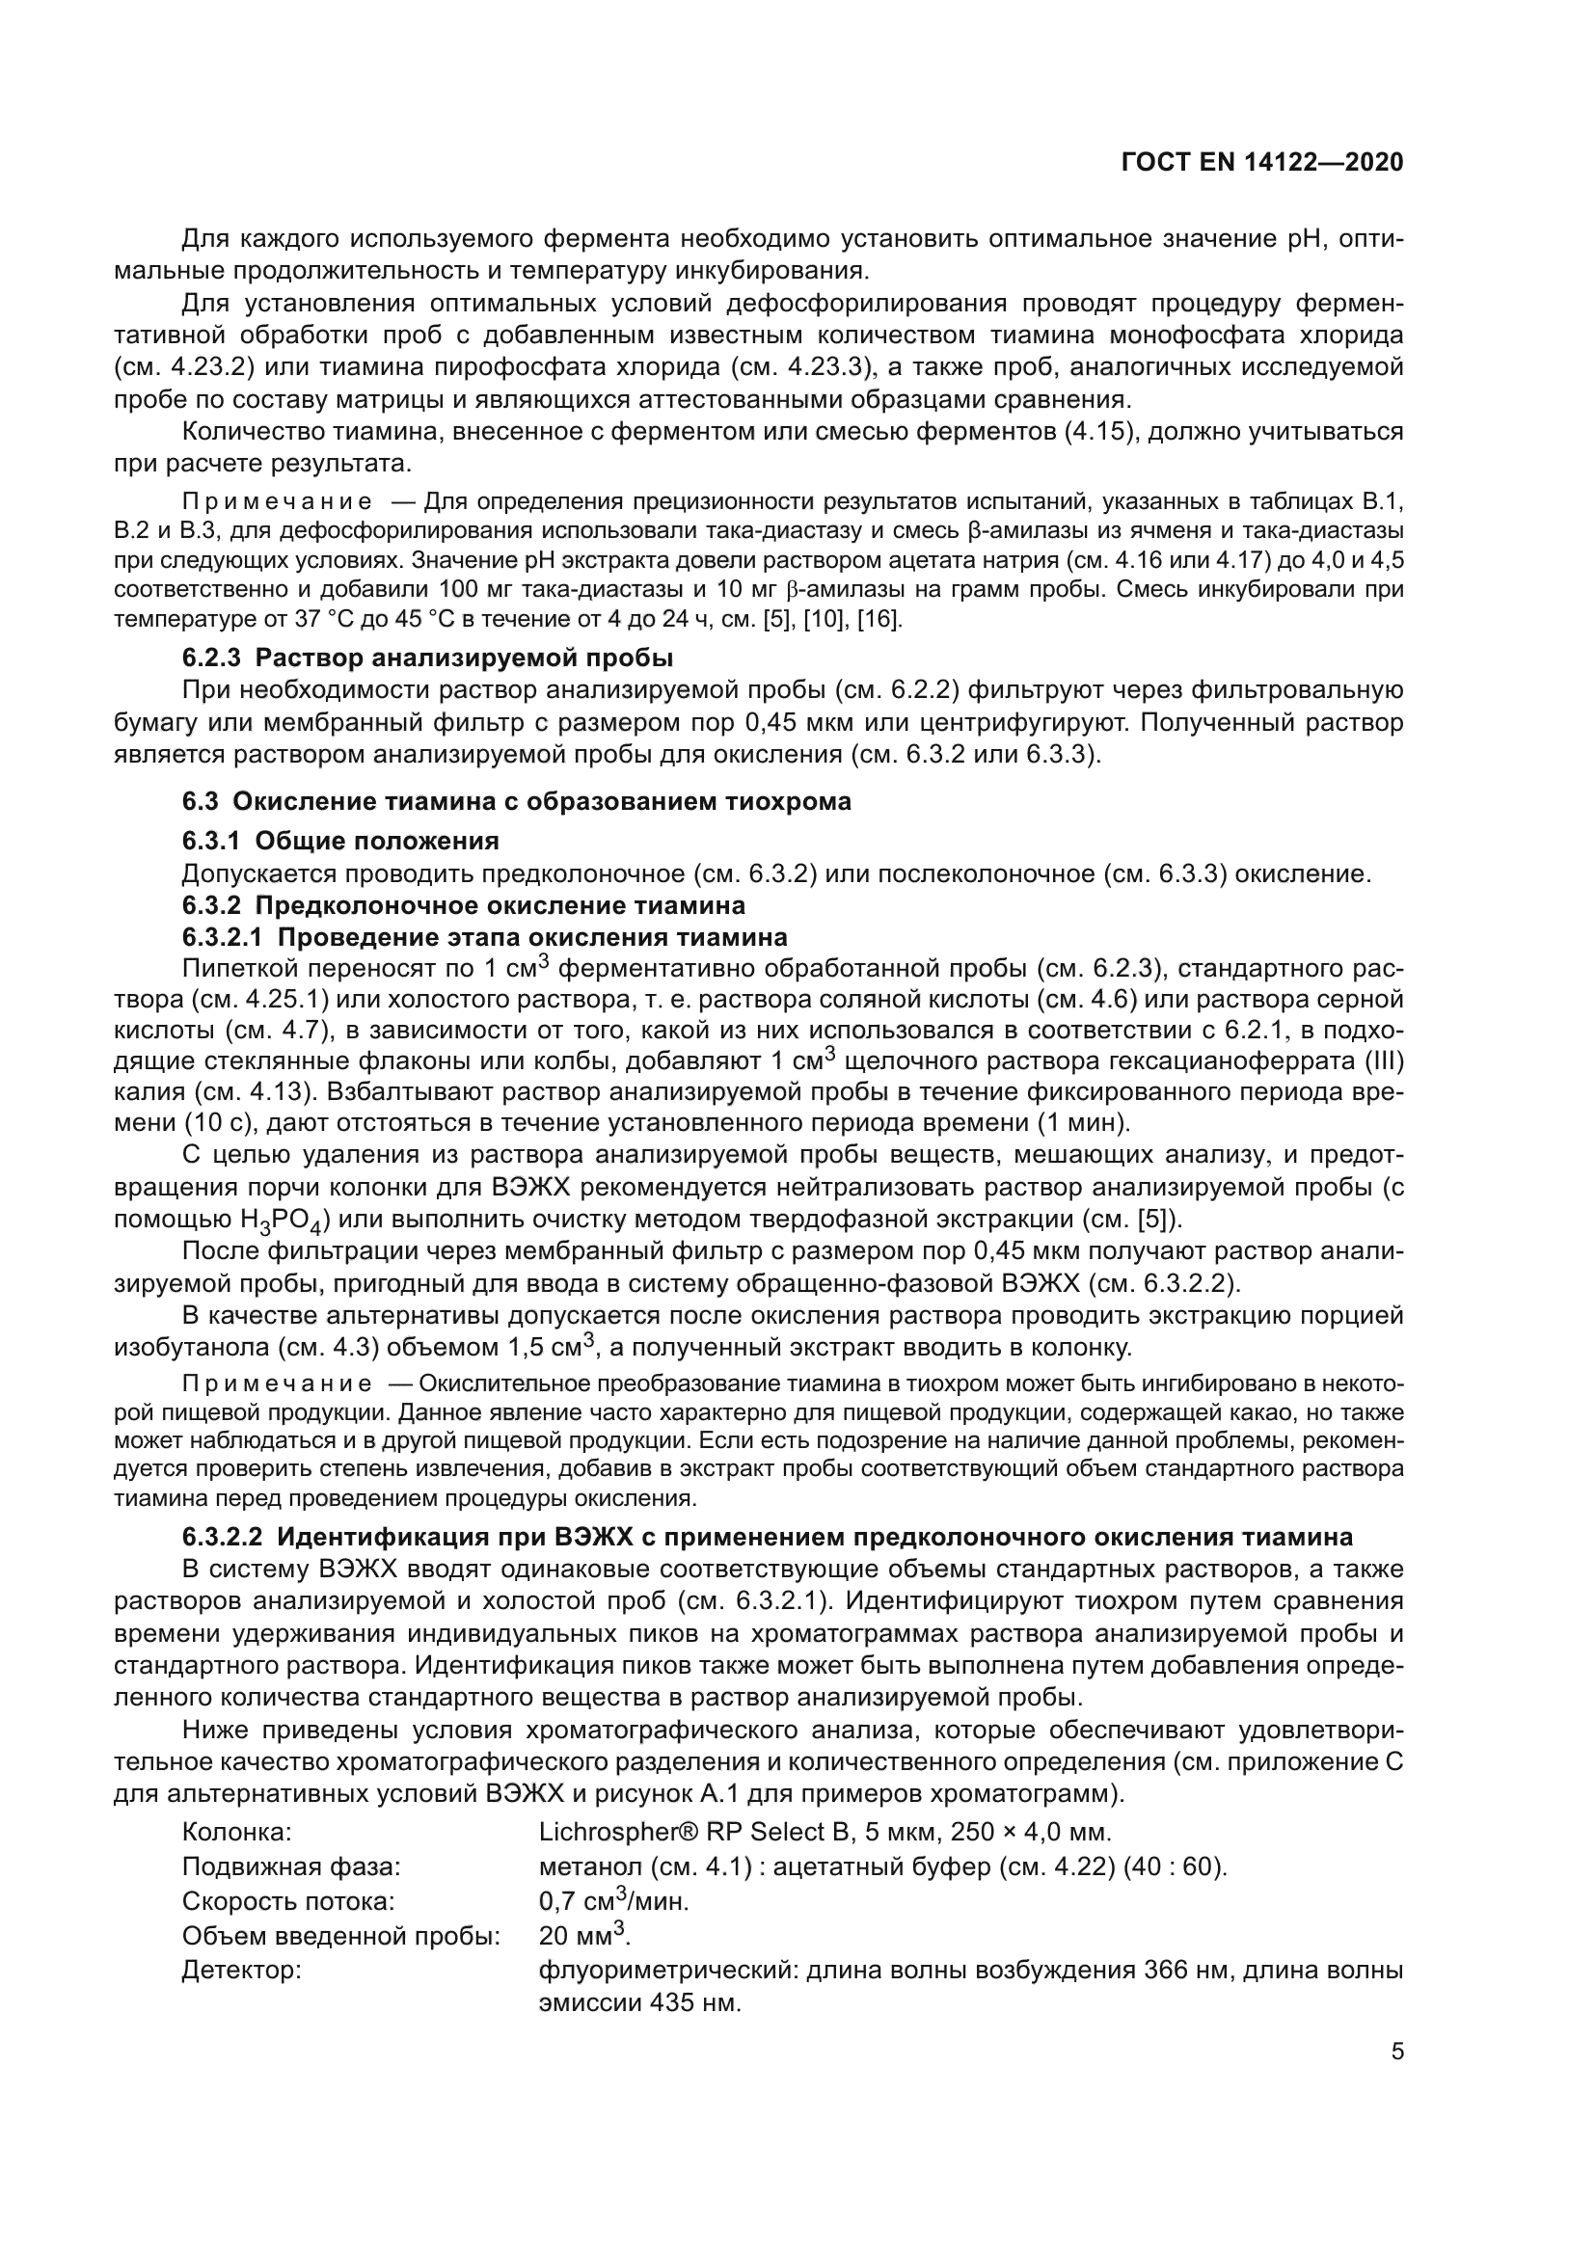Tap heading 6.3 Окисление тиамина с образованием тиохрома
tap(517, 801)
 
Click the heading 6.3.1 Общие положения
tap(339, 841)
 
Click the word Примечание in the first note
tap(277, 503)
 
